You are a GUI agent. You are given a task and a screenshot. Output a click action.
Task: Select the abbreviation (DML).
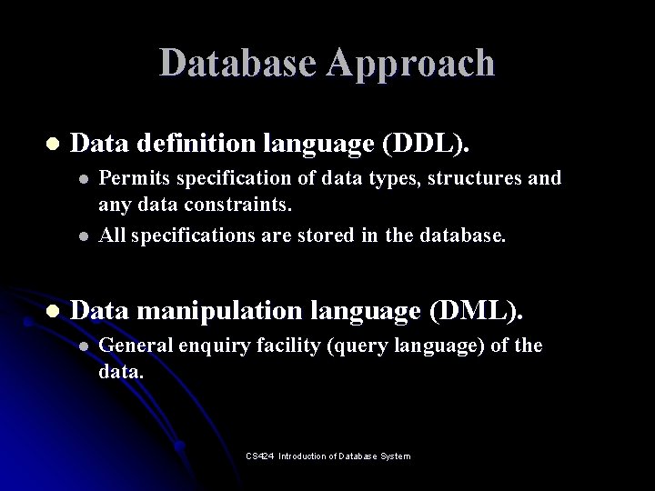pyautogui.click(x=476, y=312)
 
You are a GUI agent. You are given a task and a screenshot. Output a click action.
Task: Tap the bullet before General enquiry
pyautogui.click(x=84, y=347)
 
